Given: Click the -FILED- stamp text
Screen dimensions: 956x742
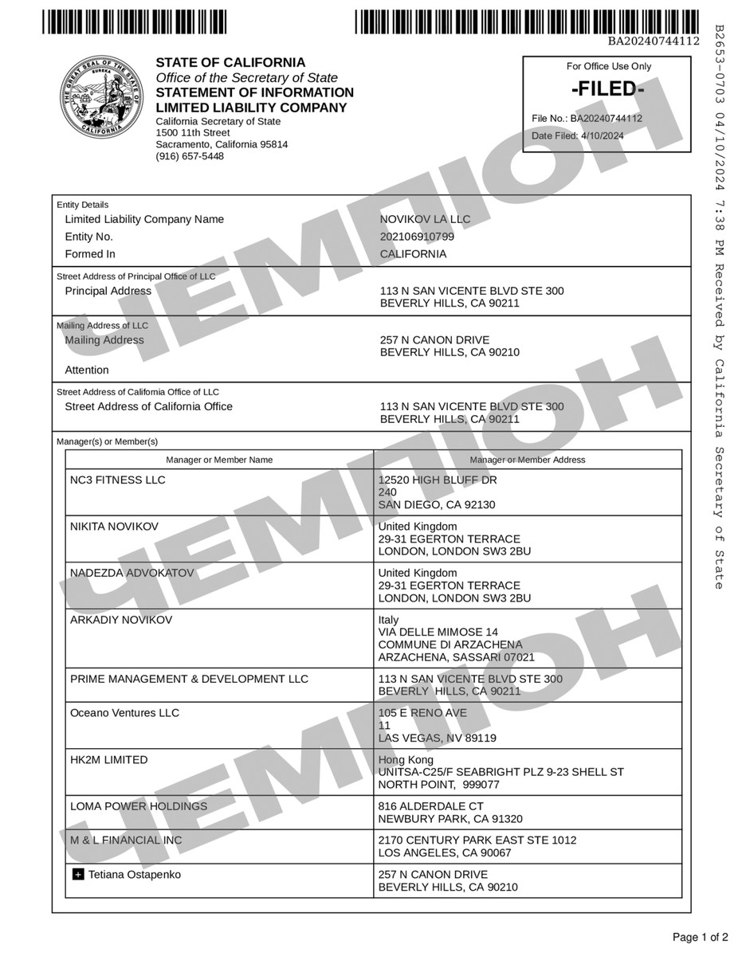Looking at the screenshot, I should click(607, 89).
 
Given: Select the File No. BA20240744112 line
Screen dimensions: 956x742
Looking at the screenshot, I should click(587, 119).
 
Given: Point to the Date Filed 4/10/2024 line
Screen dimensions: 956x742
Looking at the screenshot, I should click(578, 135).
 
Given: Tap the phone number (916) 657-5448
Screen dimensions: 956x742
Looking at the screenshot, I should click(190, 156).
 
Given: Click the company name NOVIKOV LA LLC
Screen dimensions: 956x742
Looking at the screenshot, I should click(425, 219).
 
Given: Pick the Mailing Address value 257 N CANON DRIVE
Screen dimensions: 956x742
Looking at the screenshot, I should click(434, 340).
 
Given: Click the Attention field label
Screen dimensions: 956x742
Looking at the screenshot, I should click(87, 370).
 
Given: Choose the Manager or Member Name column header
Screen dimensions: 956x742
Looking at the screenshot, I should click(219, 460).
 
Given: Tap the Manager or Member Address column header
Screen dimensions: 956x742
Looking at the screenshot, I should click(528, 460).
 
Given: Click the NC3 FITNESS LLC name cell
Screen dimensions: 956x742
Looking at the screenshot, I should click(118, 480).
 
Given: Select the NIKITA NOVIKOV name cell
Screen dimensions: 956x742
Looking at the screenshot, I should click(114, 527).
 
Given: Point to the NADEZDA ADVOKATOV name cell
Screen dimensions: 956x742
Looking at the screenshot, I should click(132, 573).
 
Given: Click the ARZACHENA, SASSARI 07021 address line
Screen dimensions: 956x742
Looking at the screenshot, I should click(456, 657).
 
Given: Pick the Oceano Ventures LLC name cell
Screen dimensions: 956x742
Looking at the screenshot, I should click(125, 713).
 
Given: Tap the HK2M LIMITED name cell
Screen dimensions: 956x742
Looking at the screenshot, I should click(109, 760).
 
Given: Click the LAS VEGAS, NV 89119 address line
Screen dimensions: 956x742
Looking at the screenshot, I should click(437, 738).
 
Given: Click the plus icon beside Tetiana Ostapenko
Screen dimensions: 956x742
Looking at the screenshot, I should click(78, 875).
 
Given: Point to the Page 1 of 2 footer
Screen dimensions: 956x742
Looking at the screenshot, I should click(700, 936).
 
